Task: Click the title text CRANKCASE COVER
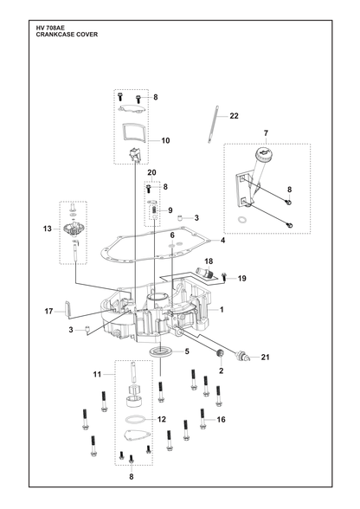[x=67, y=35]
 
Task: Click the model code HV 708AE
[x=50, y=29]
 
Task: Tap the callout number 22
[x=234, y=116]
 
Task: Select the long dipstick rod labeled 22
[x=212, y=124]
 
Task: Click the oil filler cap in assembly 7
[x=263, y=153]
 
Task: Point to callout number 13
[x=48, y=229]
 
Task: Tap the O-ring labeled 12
[x=136, y=419]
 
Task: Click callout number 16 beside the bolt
[x=221, y=419]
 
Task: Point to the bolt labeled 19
[x=223, y=277]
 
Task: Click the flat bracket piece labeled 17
[x=67, y=308]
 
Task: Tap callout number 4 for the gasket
[x=222, y=241]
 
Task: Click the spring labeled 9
[x=155, y=210]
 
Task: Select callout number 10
[x=165, y=140]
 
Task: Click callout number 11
[x=98, y=374]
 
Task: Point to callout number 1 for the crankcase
[x=222, y=310]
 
